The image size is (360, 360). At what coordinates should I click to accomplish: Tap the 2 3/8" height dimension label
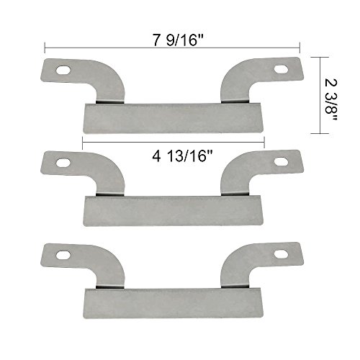tap(331, 99)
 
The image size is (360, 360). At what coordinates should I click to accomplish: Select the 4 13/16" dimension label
tap(183, 156)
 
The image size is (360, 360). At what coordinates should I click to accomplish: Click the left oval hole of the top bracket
tap(63, 70)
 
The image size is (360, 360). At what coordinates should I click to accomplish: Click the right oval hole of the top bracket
tap(281, 69)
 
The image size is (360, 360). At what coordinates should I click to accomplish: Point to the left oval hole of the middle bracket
tap(63, 163)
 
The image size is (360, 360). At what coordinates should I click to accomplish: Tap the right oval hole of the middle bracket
tap(281, 161)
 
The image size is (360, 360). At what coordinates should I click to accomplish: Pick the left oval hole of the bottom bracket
tap(63, 255)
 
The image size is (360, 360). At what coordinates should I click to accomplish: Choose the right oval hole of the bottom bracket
tap(281, 254)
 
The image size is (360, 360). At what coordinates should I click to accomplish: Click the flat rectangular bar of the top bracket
tap(174, 118)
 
